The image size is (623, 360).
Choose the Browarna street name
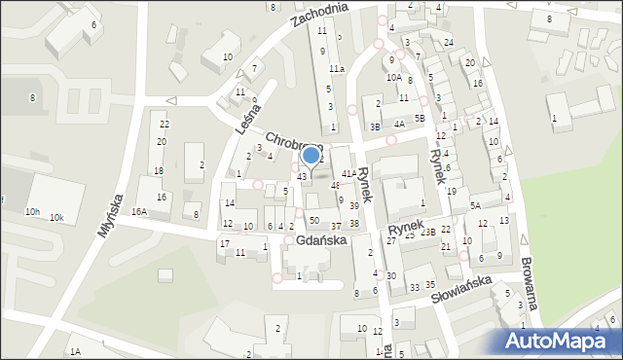tap(533, 291)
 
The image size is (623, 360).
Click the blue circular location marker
tap(311, 155)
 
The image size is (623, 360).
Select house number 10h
tap(33, 212)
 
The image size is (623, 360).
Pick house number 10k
tap(57, 217)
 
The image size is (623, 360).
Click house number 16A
tap(139, 211)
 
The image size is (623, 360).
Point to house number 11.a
tap(336, 68)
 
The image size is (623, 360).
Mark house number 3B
tap(375, 126)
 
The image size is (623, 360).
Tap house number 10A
tap(393, 77)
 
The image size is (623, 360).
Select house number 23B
tap(427, 232)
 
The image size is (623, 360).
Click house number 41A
tap(348, 173)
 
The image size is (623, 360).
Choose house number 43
tap(302, 176)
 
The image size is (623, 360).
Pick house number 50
tap(313, 221)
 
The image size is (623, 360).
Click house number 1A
tap(74, 350)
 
